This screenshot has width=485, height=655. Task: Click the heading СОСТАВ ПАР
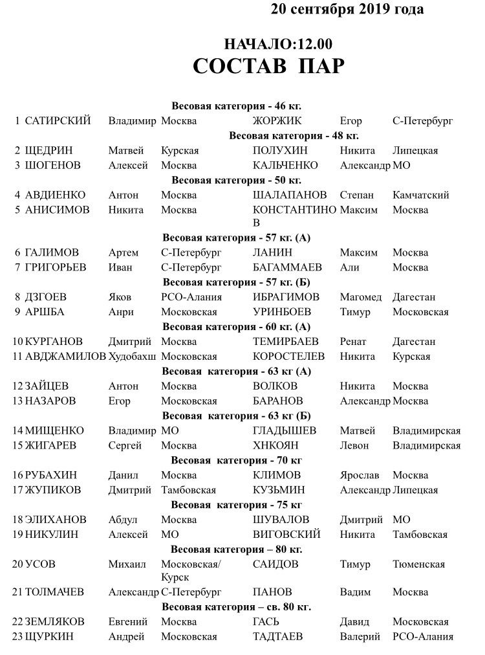pos(268,67)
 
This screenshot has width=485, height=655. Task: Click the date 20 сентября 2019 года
pos(347,9)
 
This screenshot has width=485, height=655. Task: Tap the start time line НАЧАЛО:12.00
pos(277,44)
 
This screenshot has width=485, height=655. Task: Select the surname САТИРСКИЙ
pos(58,121)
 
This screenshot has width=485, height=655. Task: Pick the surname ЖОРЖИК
pos(277,121)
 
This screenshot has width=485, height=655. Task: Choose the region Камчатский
pos(420,195)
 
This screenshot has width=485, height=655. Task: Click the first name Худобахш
pos(133,357)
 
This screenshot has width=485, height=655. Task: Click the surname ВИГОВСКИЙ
pos(287,535)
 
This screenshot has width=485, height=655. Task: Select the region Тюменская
pos(418,564)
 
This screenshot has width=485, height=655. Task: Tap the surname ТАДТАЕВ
pos(278,637)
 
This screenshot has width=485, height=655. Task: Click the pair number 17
pos(17,490)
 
